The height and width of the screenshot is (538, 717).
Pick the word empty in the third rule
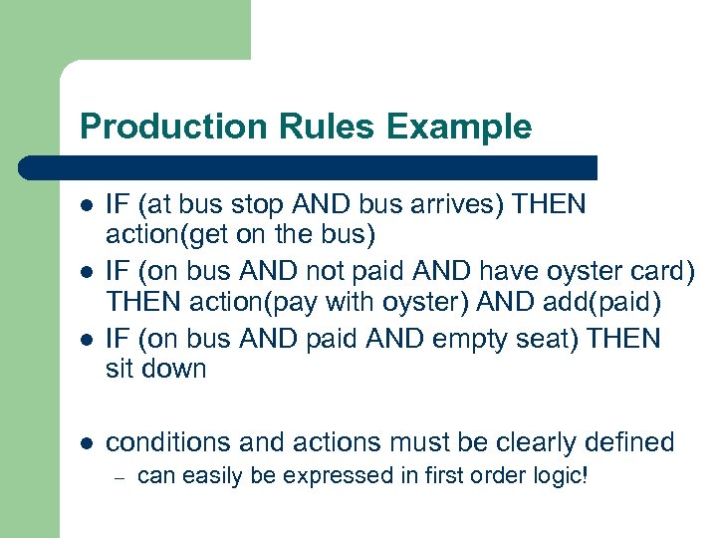tap(471, 339)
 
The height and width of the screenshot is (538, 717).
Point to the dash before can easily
tap(118, 477)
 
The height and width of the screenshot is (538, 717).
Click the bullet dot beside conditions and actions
tap(87, 443)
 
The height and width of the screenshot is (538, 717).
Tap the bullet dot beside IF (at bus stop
tap(87, 205)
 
